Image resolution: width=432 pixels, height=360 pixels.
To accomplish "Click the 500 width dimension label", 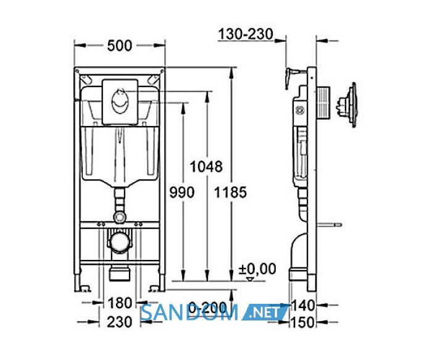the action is pyautogui.click(x=120, y=46).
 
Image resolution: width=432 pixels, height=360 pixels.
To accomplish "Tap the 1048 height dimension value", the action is pyautogui.click(x=206, y=167).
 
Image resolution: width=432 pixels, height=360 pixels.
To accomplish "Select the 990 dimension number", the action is pyautogui.click(x=182, y=192).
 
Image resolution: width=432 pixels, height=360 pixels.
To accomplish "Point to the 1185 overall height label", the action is pyautogui.click(x=231, y=192).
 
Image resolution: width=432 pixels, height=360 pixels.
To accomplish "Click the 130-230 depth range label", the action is pyautogui.click(x=246, y=34).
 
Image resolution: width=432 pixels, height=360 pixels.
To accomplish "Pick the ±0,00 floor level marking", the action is pyautogui.click(x=257, y=269).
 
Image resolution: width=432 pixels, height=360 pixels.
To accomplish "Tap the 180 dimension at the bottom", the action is pyautogui.click(x=120, y=303).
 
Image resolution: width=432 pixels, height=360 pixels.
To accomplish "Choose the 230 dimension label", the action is pyautogui.click(x=120, y=322).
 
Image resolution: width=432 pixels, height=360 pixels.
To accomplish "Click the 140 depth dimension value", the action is pyautogui.click(x=302, y=305).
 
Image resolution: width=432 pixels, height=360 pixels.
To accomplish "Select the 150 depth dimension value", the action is pyautogui.click(x=302, y=322).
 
